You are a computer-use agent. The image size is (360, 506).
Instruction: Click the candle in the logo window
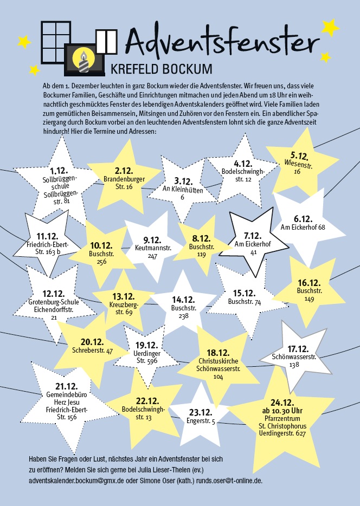click(x=84, y=60)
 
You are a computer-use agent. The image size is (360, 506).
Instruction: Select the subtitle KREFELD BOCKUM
click(x=161, y=70)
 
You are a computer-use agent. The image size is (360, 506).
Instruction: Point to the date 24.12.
click(x=282, y=403)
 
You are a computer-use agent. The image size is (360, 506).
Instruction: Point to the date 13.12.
click(x=123, y=296)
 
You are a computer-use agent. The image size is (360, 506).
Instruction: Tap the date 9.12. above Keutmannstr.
click(x=153, y=239)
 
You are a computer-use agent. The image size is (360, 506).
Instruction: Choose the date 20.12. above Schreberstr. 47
click(x=92, y=342)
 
